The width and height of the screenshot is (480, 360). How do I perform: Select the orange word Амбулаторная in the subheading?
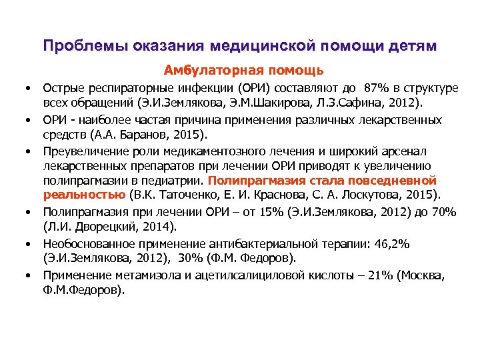point(203,70)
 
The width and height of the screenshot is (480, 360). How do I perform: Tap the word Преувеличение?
point(83,151)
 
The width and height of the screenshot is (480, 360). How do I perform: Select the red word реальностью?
point(85,195)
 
